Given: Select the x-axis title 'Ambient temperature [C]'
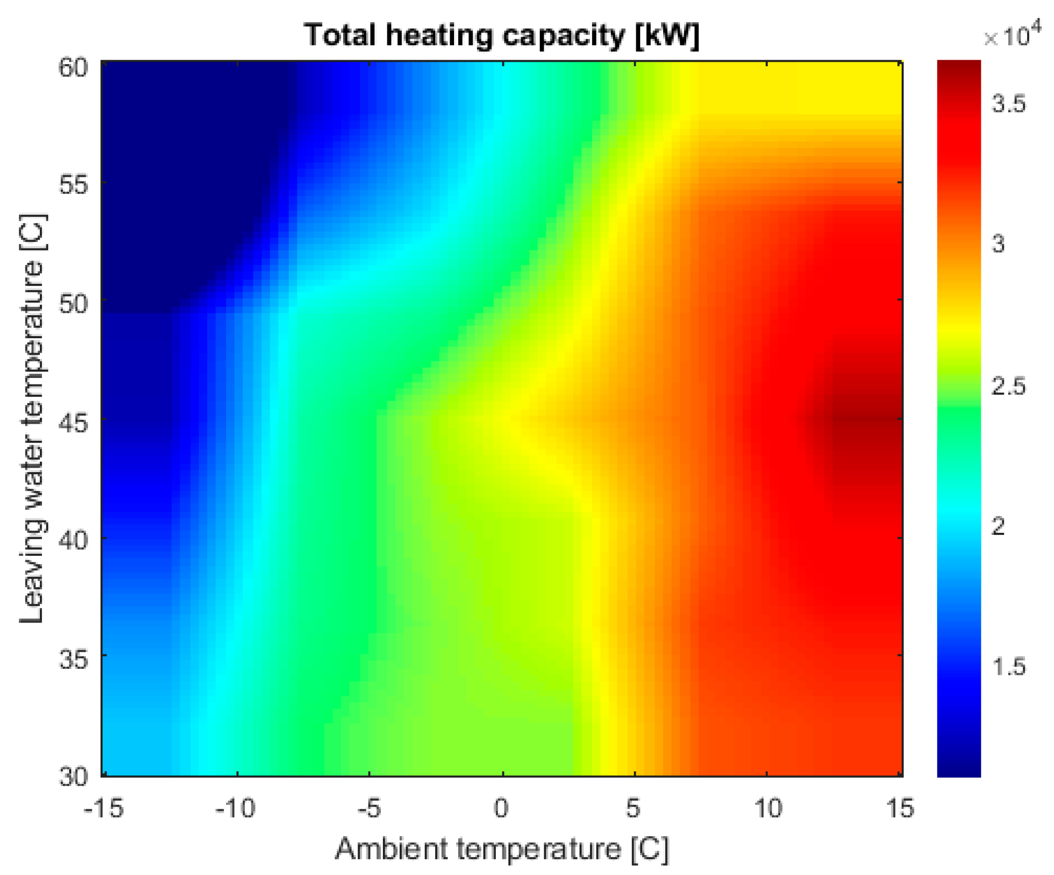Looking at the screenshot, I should pyautogui.click(x=501, y=849).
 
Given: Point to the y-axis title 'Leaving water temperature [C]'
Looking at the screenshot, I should pyautogui.click(x=33, y=419).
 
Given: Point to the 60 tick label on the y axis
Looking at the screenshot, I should pyautogui.click(x=74, y=67).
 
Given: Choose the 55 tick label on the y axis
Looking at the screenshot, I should pyautogui.click(x=74, y=184).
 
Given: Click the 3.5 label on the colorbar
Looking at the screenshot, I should pyautogui.click(x=1009, y=104).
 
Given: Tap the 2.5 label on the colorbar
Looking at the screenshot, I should pyautogui.click(x=1009, y=386).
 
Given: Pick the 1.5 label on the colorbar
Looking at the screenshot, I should pyautogui.click(x=1009, y=667).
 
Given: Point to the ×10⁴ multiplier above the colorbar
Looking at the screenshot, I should pyautogui.click(x=1006, y=36).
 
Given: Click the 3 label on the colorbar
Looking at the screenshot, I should pyautogui.click(x=999, y=245).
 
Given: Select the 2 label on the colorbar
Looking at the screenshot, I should pyautogui.click(x=999, y=526).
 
